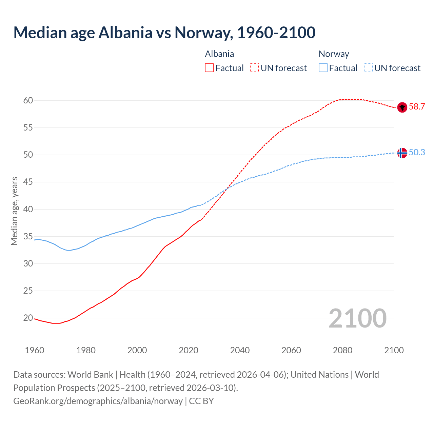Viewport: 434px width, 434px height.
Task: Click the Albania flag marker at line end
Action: (402, 107)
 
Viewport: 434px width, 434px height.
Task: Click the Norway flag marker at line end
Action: (402, 153)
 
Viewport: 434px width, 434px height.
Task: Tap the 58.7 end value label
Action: (417, 107)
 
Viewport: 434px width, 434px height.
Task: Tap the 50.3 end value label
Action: (417, 153)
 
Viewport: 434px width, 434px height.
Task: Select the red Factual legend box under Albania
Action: (209, 68)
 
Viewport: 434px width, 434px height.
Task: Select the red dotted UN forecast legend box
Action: (254, 68)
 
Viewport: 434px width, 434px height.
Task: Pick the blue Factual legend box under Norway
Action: (323, 68)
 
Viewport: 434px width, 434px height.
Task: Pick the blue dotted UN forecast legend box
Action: (368, 68)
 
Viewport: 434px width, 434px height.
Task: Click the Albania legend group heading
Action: (219, 54)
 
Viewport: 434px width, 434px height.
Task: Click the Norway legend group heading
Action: (334, 54)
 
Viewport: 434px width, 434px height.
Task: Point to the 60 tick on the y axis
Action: (28, 100)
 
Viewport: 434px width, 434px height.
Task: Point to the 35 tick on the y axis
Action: (28, 236)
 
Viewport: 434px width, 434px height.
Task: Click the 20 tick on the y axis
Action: (28, 318)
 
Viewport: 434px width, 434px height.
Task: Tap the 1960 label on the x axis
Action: (35, 350)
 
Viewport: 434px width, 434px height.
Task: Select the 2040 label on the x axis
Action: (240, 350)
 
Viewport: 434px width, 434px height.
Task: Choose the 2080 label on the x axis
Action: (342, 350)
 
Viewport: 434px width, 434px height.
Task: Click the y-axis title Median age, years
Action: (14, 211)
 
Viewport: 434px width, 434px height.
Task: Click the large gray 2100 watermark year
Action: (357, 318)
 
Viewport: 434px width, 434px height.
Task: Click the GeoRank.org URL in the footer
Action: (98, 401)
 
